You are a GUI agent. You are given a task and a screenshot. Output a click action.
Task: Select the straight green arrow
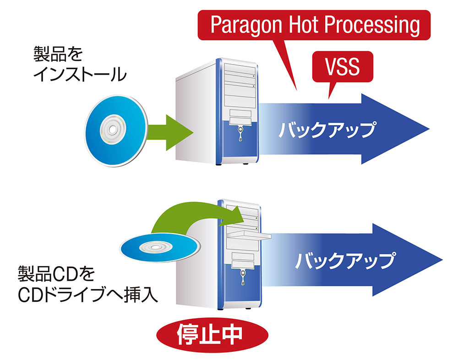point(172,132)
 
